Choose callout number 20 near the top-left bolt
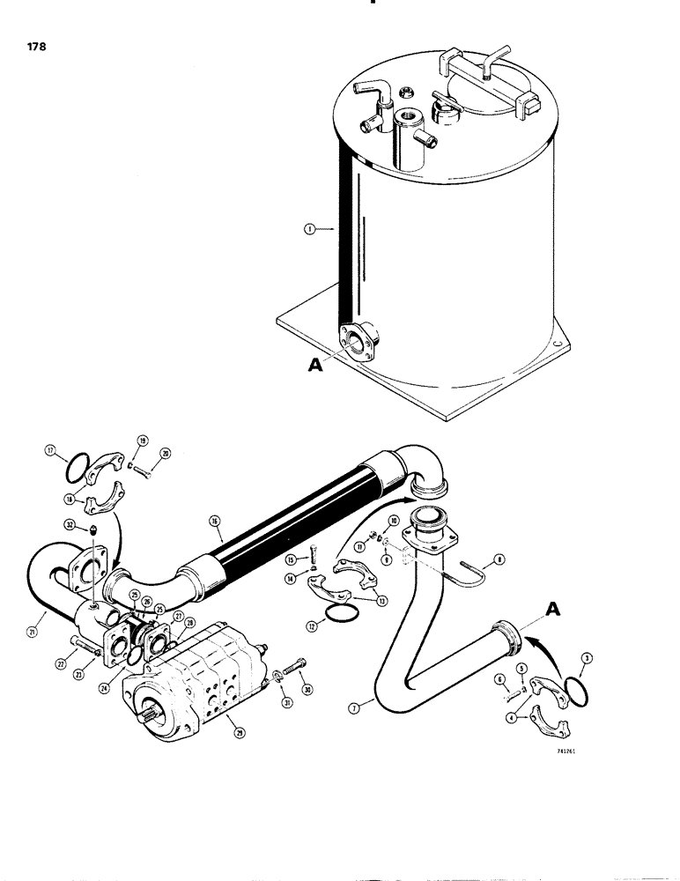click(166, 453)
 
